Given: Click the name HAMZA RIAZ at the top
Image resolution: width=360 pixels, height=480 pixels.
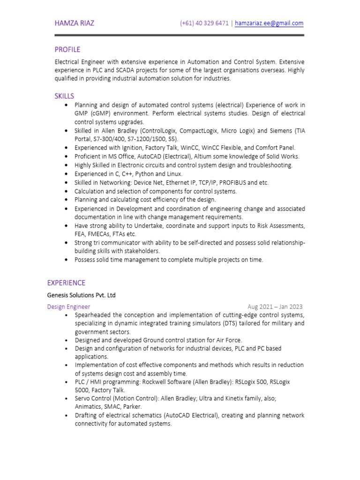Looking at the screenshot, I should [x=74, y=23].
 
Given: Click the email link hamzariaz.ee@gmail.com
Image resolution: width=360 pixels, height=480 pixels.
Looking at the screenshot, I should [x=269, y=23].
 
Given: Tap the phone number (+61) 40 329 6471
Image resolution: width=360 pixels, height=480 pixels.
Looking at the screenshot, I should [x=204, y=23].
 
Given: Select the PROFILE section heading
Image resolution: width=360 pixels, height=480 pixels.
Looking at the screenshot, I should [x=67, y=50].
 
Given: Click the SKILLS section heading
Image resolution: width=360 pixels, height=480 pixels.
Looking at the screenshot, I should [x=64, y=96].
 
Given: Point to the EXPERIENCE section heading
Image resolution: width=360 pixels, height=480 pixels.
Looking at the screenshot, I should [x=66, y=283].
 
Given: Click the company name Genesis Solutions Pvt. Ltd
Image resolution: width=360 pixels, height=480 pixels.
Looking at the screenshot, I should [x=81, y=295].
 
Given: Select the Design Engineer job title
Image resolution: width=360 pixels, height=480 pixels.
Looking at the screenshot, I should [x=68, y=307].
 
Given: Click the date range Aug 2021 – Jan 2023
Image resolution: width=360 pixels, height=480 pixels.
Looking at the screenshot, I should [x=275, y=307].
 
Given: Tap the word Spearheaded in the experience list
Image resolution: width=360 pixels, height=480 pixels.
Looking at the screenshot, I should [x=91, y=315].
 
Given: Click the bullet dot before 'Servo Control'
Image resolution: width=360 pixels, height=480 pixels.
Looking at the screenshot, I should [x=67, y=398].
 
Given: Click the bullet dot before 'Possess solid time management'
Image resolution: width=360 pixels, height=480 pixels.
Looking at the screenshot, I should [x=67, y=260].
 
